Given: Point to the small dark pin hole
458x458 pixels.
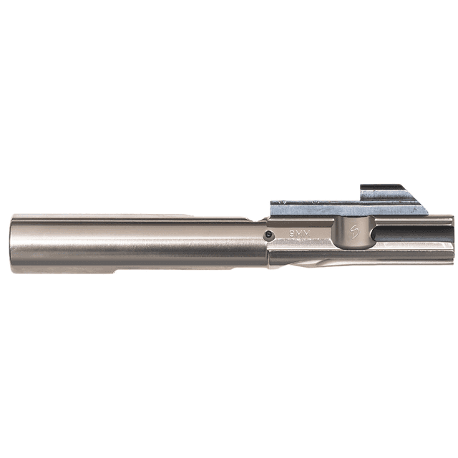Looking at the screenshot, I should click(267, 234).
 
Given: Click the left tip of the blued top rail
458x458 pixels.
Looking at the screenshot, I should click(273, 208).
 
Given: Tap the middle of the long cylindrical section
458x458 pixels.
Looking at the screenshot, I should click(136, 243).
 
